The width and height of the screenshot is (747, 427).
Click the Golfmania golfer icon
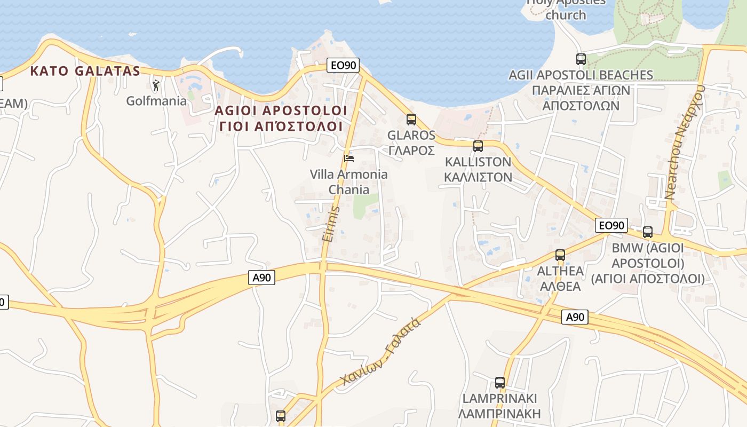(x=155, y=85)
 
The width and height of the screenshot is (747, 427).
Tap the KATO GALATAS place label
(x=85, y=71)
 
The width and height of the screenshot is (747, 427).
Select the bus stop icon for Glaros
(x=411, y=120)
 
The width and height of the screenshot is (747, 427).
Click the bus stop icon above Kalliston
(x=478, y=146)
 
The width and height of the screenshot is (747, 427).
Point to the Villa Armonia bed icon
(x=349, y=158)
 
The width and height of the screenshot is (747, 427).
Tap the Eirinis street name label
(x=331, y=224)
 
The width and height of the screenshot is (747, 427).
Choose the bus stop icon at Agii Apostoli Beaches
(x=581, y=59)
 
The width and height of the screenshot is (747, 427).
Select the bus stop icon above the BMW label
(x=648, y=232)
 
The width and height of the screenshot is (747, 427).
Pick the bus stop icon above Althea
(x=560, y=255)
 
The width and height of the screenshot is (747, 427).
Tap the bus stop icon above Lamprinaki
(x=500, y=383)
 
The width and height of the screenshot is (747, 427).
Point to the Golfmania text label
(x=156, y=100)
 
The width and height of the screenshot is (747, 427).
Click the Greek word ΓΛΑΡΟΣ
(x=411, y=151)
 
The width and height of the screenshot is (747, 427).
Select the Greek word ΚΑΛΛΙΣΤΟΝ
(x=478, y=177)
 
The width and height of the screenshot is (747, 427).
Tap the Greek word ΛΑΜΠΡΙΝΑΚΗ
(x=499, y=414)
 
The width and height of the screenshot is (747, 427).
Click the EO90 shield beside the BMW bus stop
(x=611, y=225)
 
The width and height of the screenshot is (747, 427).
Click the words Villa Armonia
(x=349, y=174)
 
